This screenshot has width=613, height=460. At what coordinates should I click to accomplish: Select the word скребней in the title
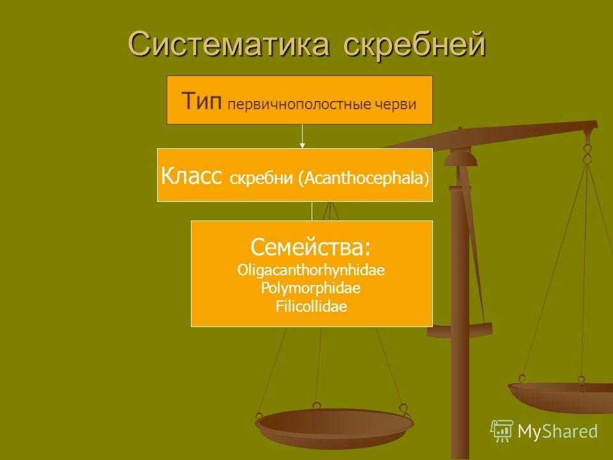[x=414, y=44]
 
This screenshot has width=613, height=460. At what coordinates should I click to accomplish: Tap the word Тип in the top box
[x=202, y=101]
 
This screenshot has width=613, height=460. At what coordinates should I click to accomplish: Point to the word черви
[x=396, y=104]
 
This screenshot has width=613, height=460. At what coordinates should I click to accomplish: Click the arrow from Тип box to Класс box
[x=302, y=136]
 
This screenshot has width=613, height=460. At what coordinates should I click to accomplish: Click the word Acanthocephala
[x=364, y=178]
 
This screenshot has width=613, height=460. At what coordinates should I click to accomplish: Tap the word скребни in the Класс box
[x=261, y=178]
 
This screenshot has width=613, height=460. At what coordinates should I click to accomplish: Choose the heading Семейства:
[x=310, y=247]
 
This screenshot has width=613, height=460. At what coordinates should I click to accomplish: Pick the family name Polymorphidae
[x=310, y=289]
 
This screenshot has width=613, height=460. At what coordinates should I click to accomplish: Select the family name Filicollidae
[x=311, y=306]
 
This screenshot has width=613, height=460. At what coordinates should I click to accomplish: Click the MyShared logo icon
[x=502, y=431]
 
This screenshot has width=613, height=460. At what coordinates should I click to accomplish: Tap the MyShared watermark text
[x=557, y=431]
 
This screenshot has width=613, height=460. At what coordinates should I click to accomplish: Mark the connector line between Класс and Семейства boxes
[x=312, y=211]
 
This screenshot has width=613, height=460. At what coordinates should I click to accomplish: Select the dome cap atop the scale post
[x=460, y=158]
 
